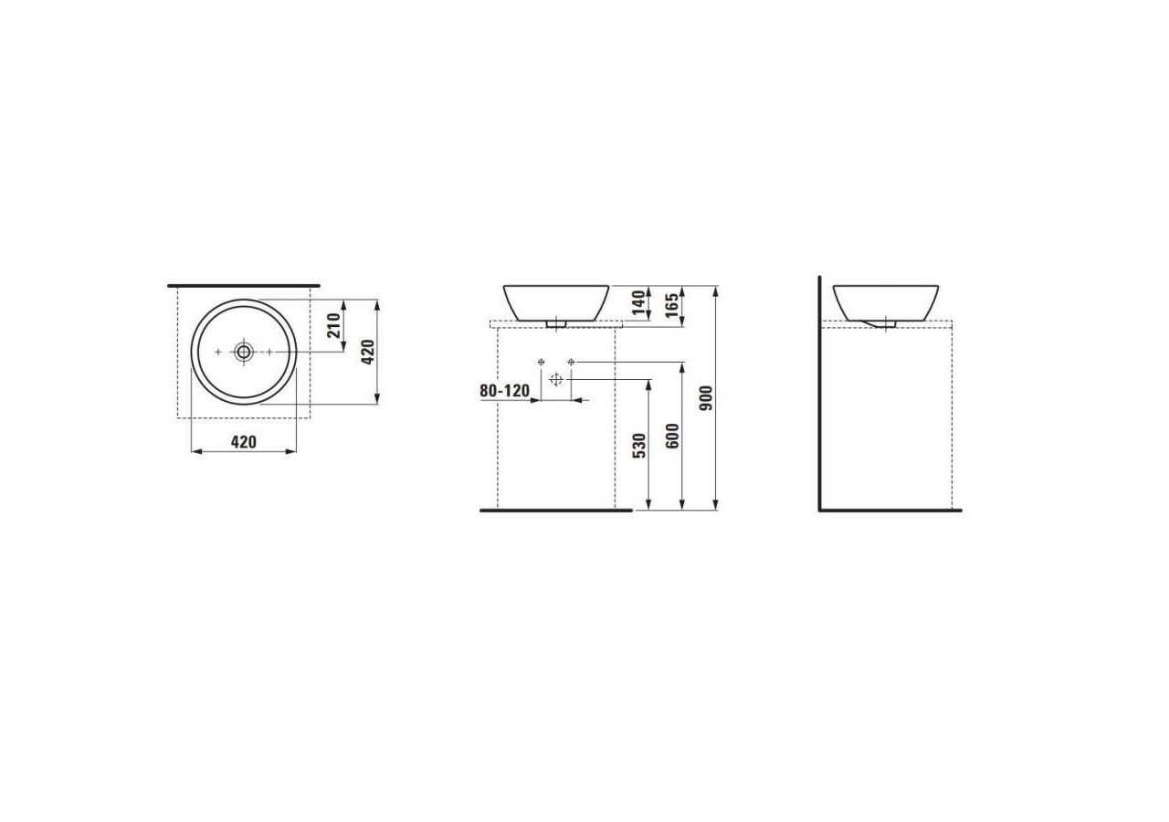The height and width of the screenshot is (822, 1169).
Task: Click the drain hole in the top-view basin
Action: pyautogui.click(x=244, y=352)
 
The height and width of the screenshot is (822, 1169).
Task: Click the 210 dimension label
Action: pyautogui.click(x=334, y=325)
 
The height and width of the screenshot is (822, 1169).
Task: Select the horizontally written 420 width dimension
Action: pyautogui.click(x=243, y=442)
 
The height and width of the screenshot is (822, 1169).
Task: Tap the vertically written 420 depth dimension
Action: pyautogui.click(x=367, y=352)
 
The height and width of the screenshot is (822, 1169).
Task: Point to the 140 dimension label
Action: pyautogui.click(x=638, y=300)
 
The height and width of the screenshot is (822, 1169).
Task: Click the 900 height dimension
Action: pyautogui.click(x=705, y=397)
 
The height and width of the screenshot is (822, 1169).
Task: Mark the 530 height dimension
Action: pyautogui.click(x=638, y=445)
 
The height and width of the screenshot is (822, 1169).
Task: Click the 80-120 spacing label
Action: pyautogui.click(x=504, y=391)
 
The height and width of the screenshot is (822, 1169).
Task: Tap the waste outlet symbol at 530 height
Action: pyautogui.click(x=556, y=379)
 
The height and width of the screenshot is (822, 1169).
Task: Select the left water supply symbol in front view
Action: pyautogui.click(x=542, y=363)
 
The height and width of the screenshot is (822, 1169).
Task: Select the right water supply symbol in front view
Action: pyautogui.click(x=571, y=363)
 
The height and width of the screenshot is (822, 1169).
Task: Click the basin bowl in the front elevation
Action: pyautogui.click(x=555, y=300)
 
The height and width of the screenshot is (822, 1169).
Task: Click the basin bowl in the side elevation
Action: pyautogui.click(x=885, y=300)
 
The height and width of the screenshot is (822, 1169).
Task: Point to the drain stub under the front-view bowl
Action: pyautogui.click(x=556, y=322)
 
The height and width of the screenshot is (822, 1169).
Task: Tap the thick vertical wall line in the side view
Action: pyautogui.click(x=819, y=393)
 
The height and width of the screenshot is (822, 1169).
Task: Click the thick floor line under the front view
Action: pyautogui.click(x=555, y=511)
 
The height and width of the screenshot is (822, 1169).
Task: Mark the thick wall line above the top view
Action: pyautogui.click(x=244, y=286)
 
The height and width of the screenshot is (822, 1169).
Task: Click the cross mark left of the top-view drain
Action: pyautogui.click(x=217, y=352)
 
